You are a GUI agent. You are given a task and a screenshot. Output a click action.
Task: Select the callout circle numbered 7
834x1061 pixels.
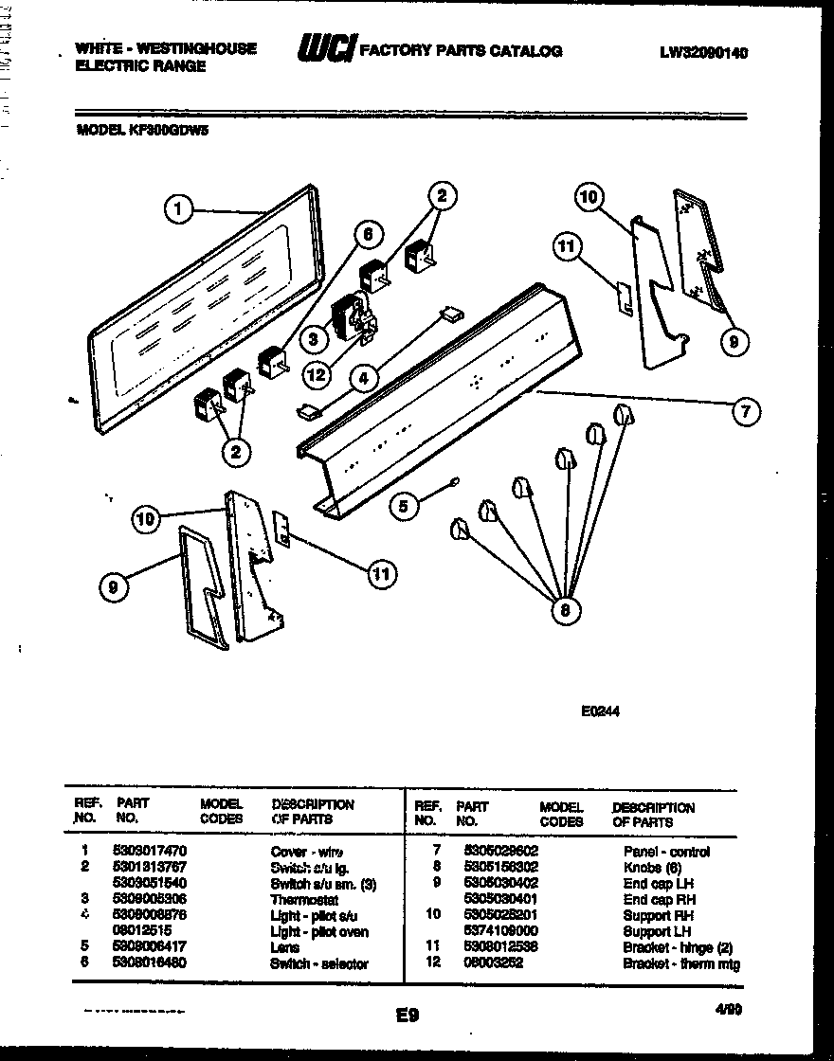(747, 411)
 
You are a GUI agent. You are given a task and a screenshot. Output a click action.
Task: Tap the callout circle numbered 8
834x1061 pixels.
(566, 611)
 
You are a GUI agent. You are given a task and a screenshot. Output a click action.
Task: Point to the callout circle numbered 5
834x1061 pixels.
(404, 507)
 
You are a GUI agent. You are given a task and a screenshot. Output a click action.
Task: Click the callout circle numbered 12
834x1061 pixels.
(316, 375)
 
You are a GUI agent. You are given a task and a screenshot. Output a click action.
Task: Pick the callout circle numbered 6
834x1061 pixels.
(369, 233)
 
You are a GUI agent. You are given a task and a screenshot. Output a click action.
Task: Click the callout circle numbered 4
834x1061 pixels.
(361, 378)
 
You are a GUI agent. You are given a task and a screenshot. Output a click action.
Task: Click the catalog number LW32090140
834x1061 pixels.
(703, 53)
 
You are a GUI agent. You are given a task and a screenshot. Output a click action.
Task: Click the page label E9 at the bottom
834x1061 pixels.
(408, 1016)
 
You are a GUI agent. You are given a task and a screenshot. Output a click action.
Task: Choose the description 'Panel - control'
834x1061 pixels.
(666, 852)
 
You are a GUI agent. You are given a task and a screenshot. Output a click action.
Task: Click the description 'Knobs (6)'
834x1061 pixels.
(652, 868)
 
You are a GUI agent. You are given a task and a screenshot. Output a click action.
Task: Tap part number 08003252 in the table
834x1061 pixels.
(493, 964)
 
